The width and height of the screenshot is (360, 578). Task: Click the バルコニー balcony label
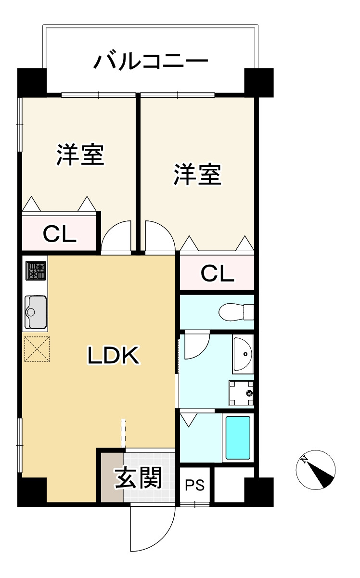(x=151, y=62)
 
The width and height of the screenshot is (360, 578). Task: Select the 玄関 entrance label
(x=138, y=477)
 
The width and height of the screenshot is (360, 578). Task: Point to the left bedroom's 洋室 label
(x=80, y=154)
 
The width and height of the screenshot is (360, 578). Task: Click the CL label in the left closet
(x=59, y=234)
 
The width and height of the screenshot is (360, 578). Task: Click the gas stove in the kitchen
(x=35, y=270)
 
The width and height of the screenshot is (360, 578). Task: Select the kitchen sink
(x=36, y=311)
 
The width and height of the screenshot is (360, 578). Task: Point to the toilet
(x=236, y=312)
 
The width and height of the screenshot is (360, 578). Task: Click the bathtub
(x=238, y=437)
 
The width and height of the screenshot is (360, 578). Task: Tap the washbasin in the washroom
(x=243, y=354)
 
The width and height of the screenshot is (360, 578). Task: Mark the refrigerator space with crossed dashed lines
(x=36, y=348)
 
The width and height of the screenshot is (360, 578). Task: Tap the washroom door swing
(x=195, y=344)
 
